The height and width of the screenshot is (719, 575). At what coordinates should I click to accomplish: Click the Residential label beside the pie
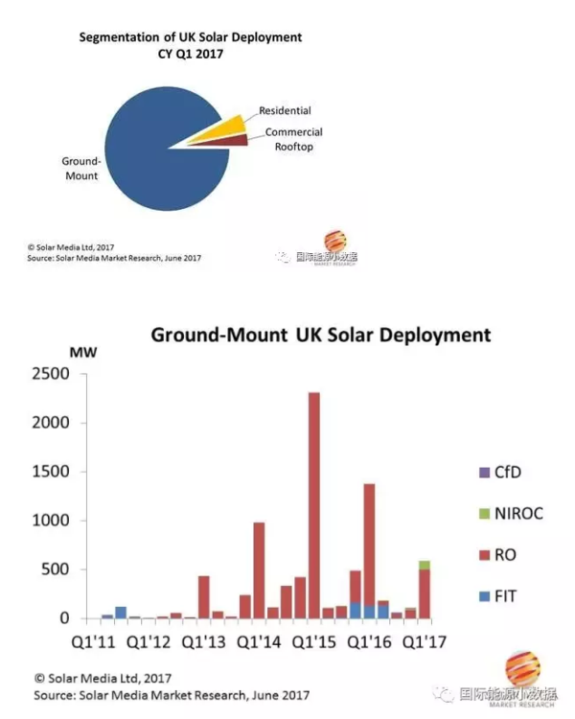(285, 111)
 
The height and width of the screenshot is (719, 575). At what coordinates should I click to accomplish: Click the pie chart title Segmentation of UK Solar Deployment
(190, 37)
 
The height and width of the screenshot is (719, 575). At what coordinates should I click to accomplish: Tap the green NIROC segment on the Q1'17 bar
(424, 565)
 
